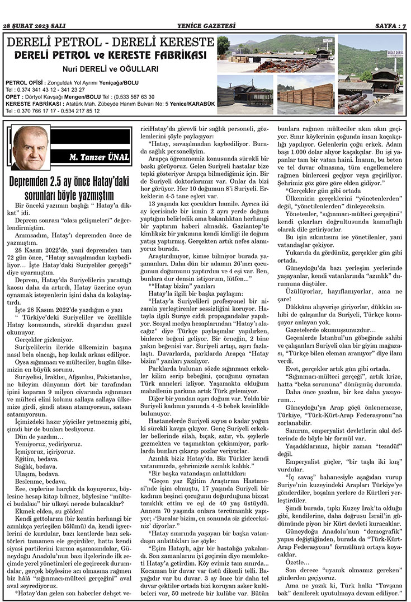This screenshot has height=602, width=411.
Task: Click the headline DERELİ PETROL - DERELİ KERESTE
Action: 109,43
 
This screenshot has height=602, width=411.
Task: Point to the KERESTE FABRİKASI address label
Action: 29,104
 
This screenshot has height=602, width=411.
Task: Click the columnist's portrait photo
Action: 31,148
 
